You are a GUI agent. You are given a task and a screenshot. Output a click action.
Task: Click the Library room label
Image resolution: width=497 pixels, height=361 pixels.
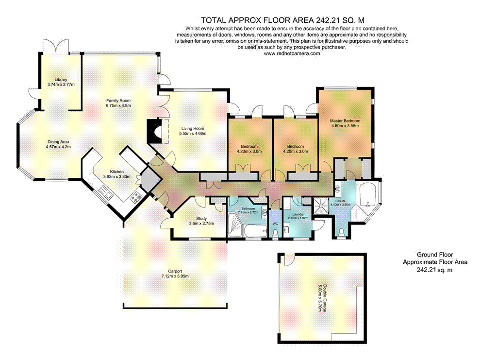point(61,79)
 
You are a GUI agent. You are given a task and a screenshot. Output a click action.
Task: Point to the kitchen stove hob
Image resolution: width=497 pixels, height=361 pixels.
point(136,196)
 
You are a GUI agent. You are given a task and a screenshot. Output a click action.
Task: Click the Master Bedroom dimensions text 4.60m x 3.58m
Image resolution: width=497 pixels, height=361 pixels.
point(344,126)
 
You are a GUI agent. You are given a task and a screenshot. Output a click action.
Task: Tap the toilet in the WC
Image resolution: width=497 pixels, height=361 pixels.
point(275,234)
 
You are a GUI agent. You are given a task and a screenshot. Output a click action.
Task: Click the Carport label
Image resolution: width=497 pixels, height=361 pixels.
point(175,271)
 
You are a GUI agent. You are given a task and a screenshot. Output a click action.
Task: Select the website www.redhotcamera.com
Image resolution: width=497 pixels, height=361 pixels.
point(292,54)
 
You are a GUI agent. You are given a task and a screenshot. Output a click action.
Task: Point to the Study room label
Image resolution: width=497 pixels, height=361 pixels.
point(201,218)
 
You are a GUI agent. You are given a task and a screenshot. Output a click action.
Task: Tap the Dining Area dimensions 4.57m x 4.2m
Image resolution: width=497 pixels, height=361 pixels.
point(58,146)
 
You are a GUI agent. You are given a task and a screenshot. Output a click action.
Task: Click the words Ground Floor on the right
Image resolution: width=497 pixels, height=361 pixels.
point(435,255)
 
